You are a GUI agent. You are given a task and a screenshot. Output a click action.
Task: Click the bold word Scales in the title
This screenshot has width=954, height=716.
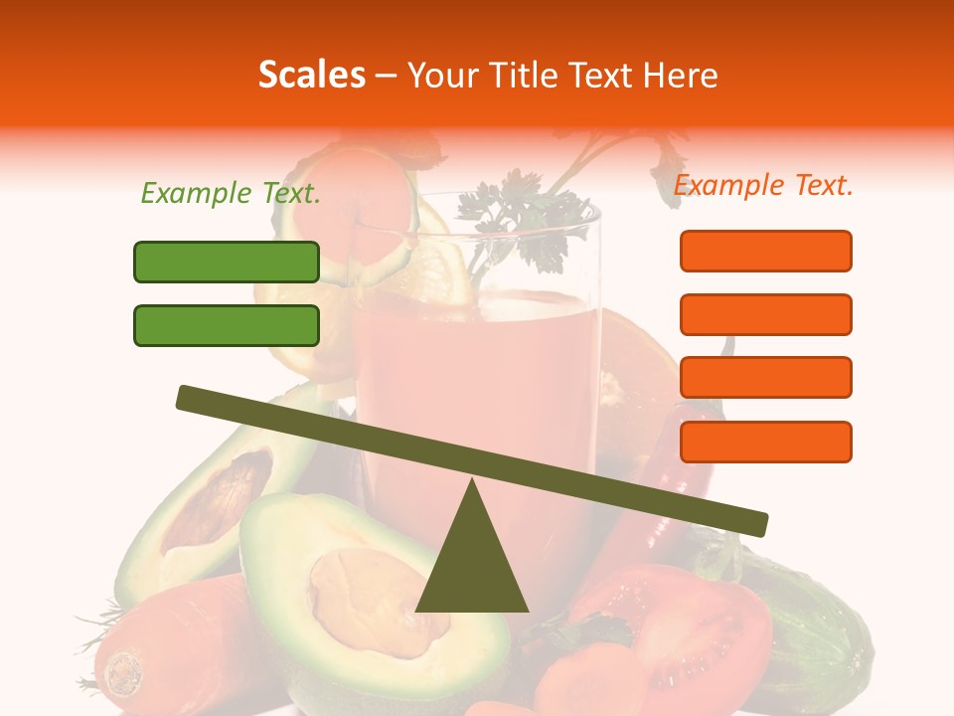tap(311, 75)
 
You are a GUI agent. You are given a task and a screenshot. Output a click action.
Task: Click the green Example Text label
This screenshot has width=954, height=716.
tap(231, 194)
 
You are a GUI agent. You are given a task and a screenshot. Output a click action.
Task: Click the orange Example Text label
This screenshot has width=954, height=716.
tap(763, 185)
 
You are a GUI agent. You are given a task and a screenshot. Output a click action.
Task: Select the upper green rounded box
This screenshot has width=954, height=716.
tap(227, 262)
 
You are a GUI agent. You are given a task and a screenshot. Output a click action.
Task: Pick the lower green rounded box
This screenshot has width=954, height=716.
tap(227, 325)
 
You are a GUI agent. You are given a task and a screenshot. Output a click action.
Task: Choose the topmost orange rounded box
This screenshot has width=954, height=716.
tap(765, 251)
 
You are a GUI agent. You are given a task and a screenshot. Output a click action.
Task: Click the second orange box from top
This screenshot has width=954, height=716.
tap(765, 314)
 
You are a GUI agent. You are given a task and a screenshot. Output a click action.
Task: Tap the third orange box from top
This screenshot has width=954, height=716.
tap(765, 378)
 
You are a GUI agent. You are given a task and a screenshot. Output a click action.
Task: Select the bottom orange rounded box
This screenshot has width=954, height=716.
tap(765, 442)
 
